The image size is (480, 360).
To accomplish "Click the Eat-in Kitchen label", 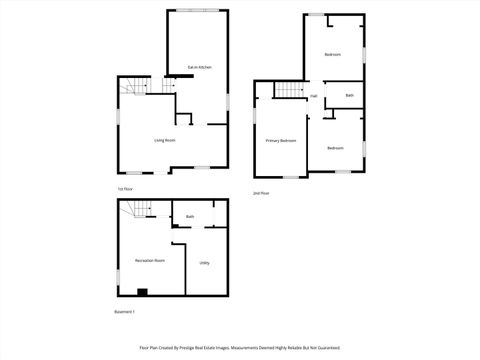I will [x=199, y=67].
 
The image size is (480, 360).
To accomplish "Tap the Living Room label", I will [x=165, y=140].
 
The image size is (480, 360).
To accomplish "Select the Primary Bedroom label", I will [x=281, y=141].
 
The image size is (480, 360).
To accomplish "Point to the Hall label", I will [x=313, y=96].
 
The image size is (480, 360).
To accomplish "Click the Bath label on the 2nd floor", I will [x=349, y=96].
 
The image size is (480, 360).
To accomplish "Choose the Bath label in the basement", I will [x=189, y=216].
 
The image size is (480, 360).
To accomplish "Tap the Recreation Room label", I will [x=150, y=260].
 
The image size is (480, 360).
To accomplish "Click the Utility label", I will [x=204, y=263].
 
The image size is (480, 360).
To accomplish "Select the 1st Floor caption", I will [x=125, y=189].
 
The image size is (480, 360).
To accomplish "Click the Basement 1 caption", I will [x=124, y=313].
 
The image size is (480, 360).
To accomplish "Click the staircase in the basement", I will [x=139, y=210].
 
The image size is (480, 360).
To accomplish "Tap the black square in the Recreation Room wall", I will [x=142, y=292].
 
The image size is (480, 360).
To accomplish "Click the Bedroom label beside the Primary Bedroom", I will [x=335, y=148].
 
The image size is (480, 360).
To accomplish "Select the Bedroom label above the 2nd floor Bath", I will [x=333, y=53].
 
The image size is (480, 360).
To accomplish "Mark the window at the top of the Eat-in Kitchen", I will [x=196, y=11].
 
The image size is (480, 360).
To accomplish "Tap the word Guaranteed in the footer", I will [x=327, y=348].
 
